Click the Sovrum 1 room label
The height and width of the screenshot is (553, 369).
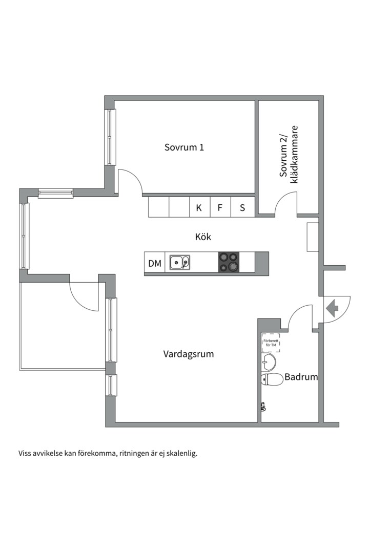coord(184,147)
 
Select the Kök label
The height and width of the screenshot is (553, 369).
coord(203,237)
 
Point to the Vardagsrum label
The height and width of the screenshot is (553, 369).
coord(189,354)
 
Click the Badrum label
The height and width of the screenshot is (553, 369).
coord(301,377)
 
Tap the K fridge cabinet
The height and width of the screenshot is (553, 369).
coord(199,208)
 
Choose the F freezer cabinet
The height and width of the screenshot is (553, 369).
coord(220,208)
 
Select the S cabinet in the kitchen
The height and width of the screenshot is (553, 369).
coord(242,208)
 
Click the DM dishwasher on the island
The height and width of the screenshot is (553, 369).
coord(155,264)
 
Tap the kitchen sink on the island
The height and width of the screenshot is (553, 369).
coord(180,263)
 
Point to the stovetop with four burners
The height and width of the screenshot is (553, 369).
coord(229,262)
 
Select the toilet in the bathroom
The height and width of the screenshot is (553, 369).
coord(272,379)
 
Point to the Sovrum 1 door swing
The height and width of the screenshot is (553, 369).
coord(129,181)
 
